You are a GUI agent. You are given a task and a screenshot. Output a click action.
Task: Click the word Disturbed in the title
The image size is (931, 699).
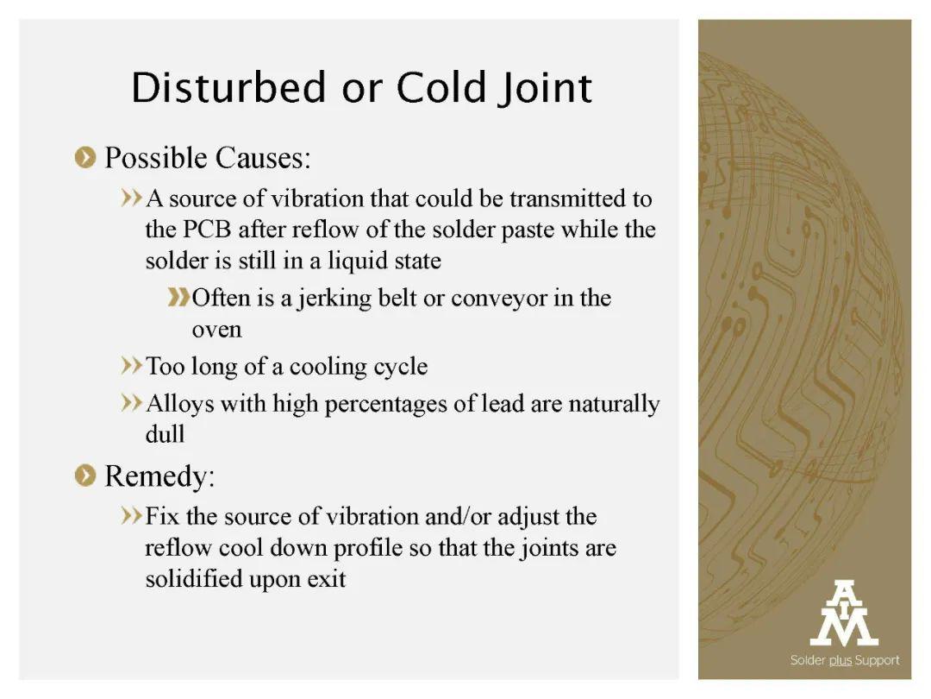(x=228, y=87)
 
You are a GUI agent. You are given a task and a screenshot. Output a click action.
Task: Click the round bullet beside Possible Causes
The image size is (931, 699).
(x=85, y=158)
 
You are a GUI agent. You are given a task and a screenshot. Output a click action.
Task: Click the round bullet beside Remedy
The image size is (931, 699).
(x=85, y=475)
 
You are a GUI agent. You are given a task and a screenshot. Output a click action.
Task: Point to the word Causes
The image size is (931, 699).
(x=263, y=158)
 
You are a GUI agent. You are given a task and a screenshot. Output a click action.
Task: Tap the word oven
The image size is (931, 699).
(x=216, y=331)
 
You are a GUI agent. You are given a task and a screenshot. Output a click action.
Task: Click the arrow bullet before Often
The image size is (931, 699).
(x=178, y=297)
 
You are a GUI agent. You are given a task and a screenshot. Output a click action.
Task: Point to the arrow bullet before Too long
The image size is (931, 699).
(x=132, y=365)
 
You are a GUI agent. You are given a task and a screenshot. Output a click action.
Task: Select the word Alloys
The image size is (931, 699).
(x=180, y=405)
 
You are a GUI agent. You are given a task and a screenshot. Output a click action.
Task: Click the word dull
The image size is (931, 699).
(x=165, y=434)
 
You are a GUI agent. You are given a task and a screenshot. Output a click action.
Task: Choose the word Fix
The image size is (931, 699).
(x=162, y=517)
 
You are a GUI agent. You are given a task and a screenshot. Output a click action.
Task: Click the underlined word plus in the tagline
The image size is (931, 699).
(x=840, y=661)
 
